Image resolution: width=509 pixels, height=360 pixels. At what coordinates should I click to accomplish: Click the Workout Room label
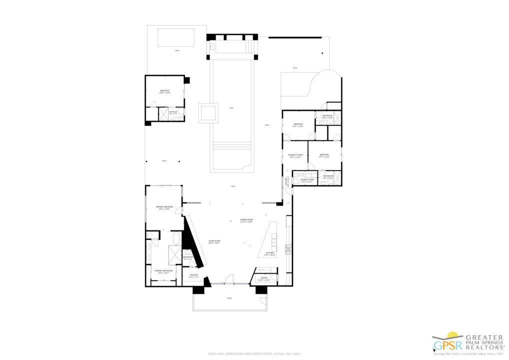tap(295, 156)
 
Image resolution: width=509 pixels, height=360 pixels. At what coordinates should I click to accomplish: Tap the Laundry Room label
tap(306, 180)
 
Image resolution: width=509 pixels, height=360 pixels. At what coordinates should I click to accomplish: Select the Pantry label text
tap(263, 278)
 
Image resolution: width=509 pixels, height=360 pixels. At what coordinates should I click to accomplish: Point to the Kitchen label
tap(270, 254)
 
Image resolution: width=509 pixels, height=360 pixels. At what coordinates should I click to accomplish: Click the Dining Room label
tap(246, 220)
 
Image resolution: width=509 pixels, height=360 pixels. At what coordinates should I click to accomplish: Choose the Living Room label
tap(214, 242)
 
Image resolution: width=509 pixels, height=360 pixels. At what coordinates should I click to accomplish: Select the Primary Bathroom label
tap(163, 272)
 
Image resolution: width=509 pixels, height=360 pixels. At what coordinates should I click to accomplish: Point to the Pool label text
tap(231, 108)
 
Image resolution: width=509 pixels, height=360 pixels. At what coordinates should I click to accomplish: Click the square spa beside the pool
tap(208, 112)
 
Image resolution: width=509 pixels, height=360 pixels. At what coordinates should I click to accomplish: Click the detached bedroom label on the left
tap(164, 91)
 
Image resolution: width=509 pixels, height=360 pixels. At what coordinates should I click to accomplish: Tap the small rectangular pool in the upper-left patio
tap(175, 37)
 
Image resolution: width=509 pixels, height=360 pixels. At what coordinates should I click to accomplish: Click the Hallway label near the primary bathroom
tap(193, 275)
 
